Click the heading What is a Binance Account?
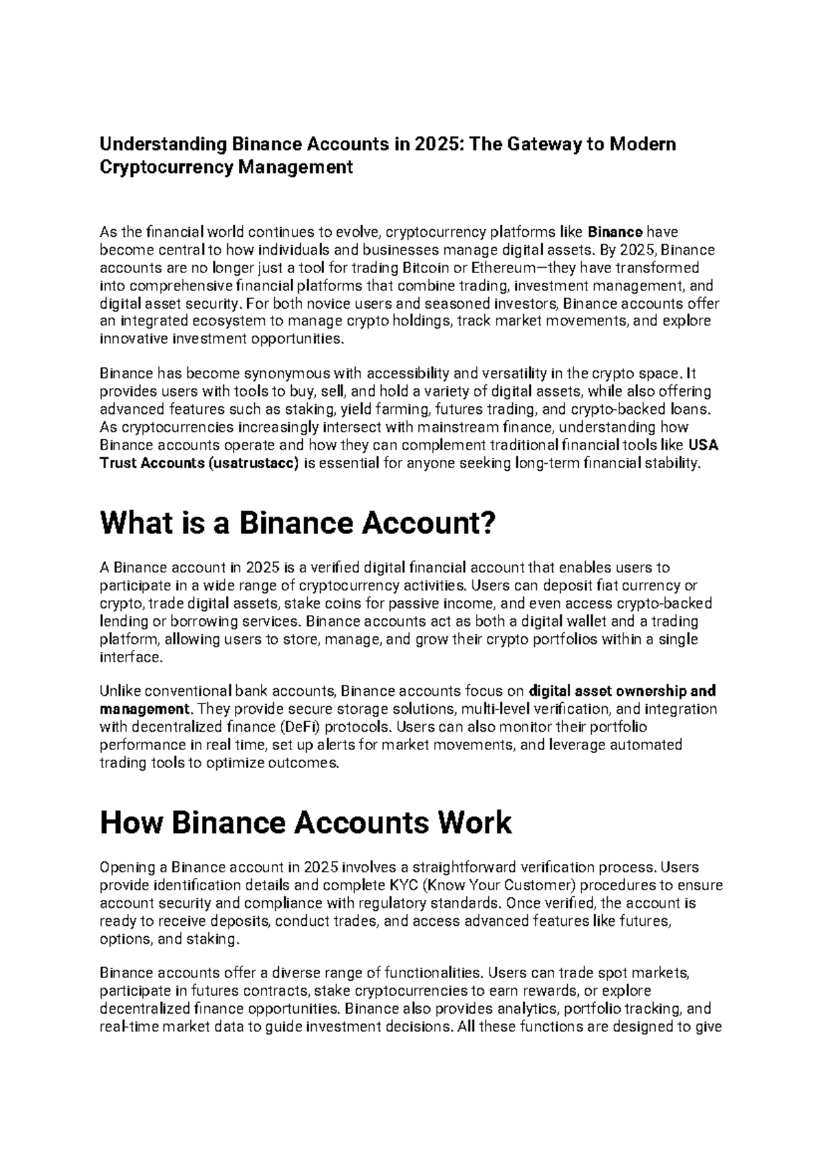(x=297, y=524)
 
